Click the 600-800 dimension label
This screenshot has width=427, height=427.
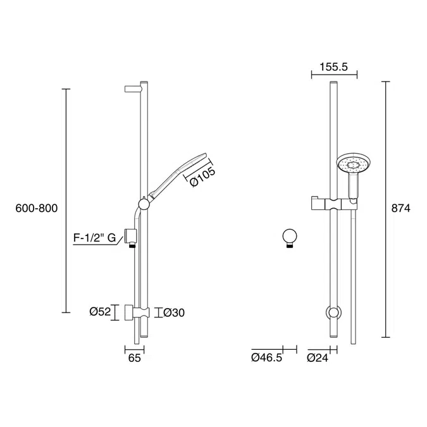[x=36, y=208]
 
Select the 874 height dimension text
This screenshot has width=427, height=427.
[x=401, y=208]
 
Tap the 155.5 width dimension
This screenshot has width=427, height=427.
[x=334, y=65]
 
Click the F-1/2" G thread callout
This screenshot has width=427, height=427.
[x=95, y=238]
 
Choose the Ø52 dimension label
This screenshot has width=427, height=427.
[x=100, y=311]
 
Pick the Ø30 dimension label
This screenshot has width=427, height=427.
[x=174, y=312]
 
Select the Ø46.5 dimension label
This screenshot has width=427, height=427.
[x=266, y=359]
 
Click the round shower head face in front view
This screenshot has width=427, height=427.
[x=352, y=166]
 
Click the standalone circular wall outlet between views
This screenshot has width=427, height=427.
[x=289, y=237]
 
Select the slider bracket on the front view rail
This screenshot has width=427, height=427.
[x=332, y=203]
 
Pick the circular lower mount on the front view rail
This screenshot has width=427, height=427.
[x=333, y=312]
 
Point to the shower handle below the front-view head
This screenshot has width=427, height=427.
[x=353, y=187]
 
